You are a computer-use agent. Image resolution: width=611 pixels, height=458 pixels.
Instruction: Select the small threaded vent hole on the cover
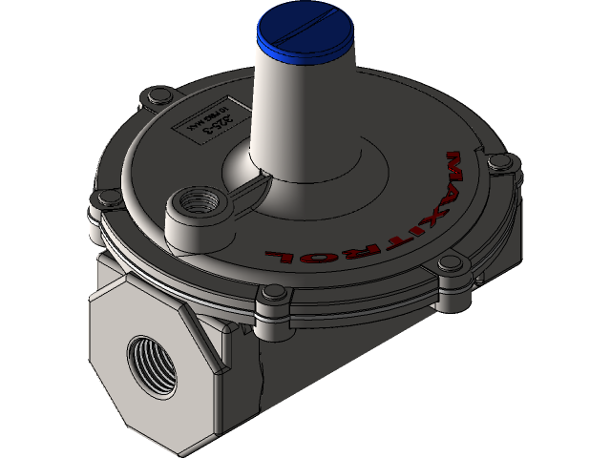(201, 204)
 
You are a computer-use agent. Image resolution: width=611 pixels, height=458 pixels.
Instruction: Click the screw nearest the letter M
(496, 163)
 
